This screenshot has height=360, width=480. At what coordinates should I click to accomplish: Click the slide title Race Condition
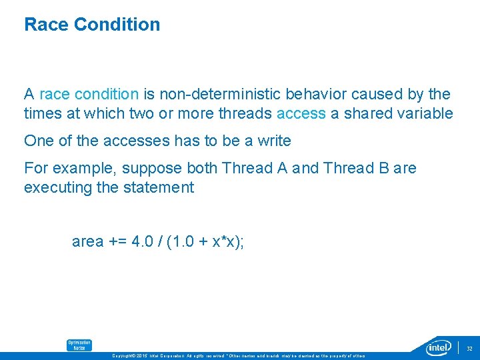click(92, 25)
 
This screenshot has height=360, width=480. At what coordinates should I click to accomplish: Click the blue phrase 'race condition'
click(89, 95)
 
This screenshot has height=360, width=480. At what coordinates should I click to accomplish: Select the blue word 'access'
click(301, 113)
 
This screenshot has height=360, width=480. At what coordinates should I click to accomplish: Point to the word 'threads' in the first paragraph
click(246, 113)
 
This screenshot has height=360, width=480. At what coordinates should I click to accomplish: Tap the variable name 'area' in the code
click(87, 241)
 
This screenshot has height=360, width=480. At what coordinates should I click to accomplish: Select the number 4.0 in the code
click(141, 241)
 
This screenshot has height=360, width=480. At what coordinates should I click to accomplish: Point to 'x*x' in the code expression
click(221, 241)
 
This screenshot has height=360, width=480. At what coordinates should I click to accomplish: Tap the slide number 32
click(469, 348)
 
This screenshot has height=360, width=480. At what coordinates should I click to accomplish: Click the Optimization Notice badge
click(79, 345)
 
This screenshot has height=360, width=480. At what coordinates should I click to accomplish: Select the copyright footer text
click(240, 356)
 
